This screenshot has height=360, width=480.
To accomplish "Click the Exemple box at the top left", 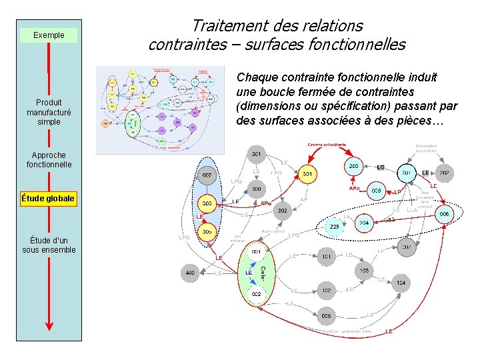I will [49, 35].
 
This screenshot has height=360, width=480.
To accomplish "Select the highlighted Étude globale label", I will [48, 198].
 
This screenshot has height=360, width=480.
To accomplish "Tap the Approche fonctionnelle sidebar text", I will [49, 159].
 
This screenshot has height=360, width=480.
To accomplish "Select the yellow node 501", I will [307, 174].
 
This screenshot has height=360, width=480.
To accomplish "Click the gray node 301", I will [256, 155].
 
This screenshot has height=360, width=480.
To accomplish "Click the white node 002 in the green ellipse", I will [256, 293].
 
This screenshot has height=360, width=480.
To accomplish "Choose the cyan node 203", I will [355, 167].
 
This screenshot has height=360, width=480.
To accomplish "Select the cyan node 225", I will [334, 227].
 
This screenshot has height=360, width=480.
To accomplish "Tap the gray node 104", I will [400, 283].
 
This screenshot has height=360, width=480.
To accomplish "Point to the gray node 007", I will [207, 175].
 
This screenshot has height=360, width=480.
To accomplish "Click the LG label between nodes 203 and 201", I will [381, 167].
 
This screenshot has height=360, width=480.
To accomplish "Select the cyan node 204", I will [364, 223].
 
